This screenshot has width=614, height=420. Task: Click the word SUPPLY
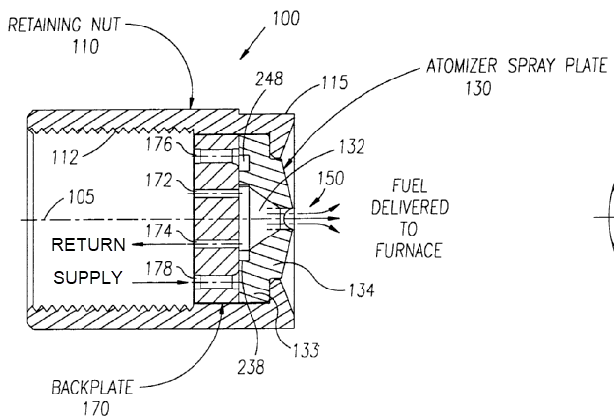click(x=86, y=278)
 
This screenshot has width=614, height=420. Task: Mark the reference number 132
click(x=349, y=147)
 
